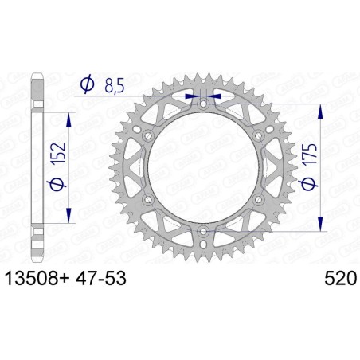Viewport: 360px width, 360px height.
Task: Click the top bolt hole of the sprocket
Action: [x=203, y=103]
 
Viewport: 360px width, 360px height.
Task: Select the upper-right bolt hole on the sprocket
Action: [x=259, y=135]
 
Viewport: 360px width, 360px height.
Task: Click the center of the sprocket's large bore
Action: [x=203, y=167]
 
